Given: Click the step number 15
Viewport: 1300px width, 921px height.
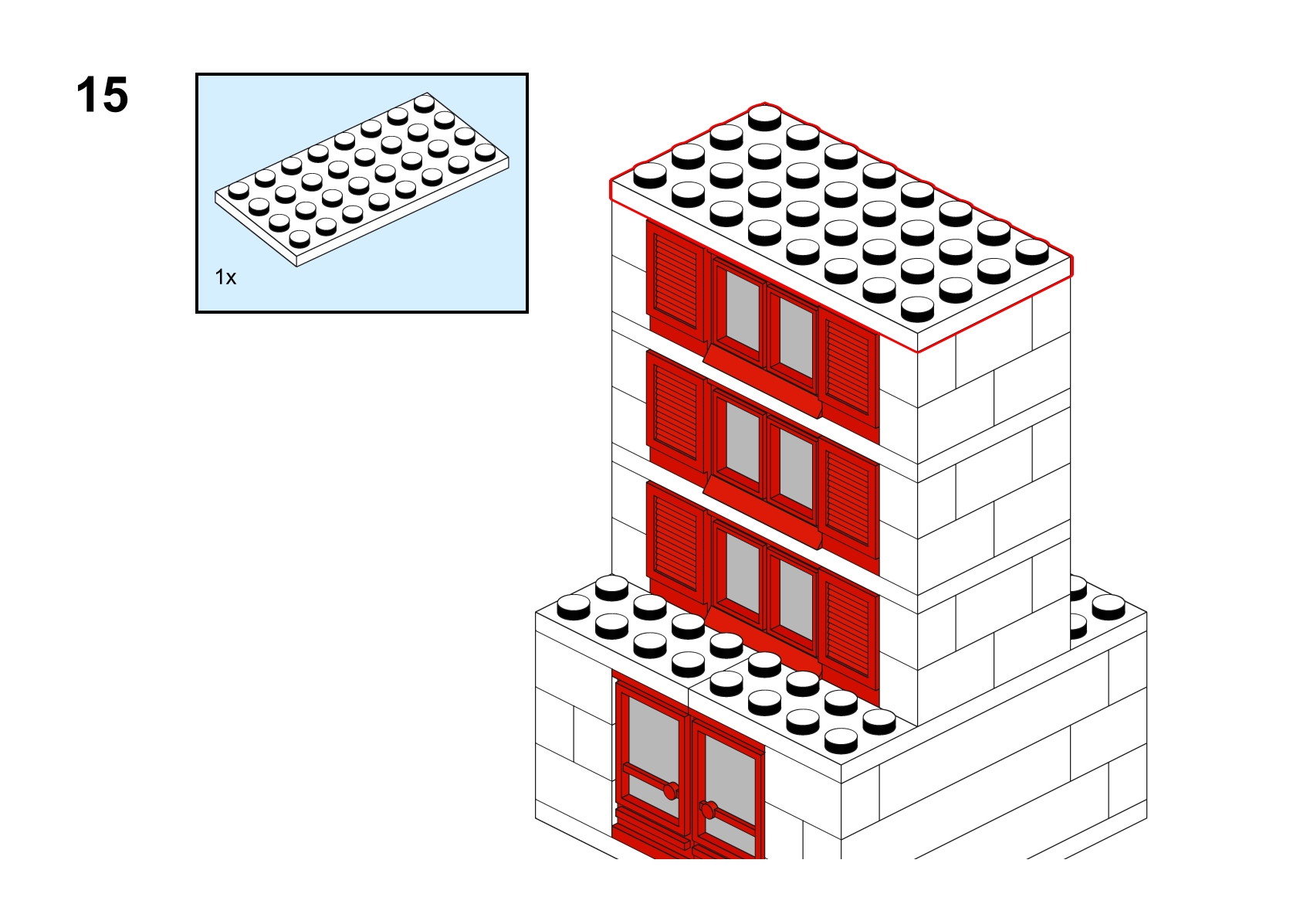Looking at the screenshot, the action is click(x=102, y=95).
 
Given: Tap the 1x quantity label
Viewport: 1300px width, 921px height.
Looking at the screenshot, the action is click(x=225, y=277).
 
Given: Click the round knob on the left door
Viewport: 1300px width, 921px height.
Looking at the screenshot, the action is click(x=671, y=790).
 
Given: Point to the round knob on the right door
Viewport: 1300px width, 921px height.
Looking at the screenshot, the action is click(x=708, y=810).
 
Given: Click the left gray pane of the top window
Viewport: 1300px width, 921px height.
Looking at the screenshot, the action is click(x=743, y=311).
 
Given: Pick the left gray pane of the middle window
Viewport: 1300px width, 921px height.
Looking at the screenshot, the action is click(x=743, y=442).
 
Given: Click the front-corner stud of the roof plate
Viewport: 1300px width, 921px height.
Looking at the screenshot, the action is click(x=918, y=309).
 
